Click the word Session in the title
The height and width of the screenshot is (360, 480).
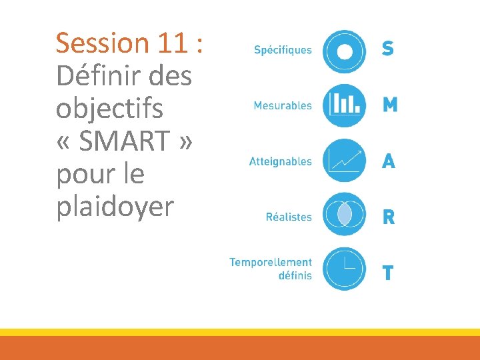click(x=103, y=43)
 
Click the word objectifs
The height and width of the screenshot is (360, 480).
click(x=109, y=109)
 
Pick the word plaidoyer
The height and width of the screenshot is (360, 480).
click(x=115, y=207)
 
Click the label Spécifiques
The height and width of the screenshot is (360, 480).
click(x=283, y=50)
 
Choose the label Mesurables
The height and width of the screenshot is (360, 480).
click(x=283, y=105)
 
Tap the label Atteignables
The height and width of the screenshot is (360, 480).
click(x=280, y=161)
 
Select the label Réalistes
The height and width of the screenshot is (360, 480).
click(x=289, y=217)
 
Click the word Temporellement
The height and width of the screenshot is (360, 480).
click(x=271, y=262)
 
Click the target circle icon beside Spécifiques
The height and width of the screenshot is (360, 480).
click(x=345, y=51)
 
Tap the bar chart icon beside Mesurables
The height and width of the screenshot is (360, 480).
click(x=345, y=105)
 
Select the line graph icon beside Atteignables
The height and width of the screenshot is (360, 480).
click(x=345, y=161)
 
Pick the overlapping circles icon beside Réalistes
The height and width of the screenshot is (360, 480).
click(x=345, y=215)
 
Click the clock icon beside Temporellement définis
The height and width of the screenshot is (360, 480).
click(x=345, y=268)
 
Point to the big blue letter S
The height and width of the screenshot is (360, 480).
click(x=387, y=49)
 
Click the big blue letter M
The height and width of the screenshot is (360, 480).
click(x=390, y=105)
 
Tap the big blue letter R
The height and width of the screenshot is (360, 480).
click(x=388, y=217)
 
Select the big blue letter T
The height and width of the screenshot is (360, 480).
click(x=387, y=273)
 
